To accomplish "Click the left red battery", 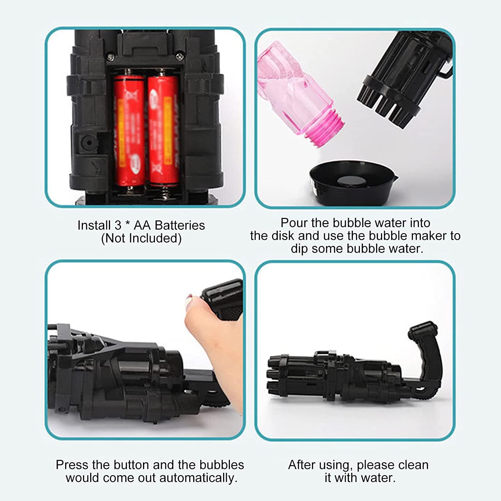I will (x=129, y=130).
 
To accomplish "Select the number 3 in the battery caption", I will (x=118, y=225).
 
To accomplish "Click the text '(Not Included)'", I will (x=141, y=238).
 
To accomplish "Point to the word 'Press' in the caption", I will (x=72, y=465).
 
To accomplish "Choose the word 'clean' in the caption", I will (x=413, y=465).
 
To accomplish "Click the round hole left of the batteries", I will (x=89, y=143).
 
